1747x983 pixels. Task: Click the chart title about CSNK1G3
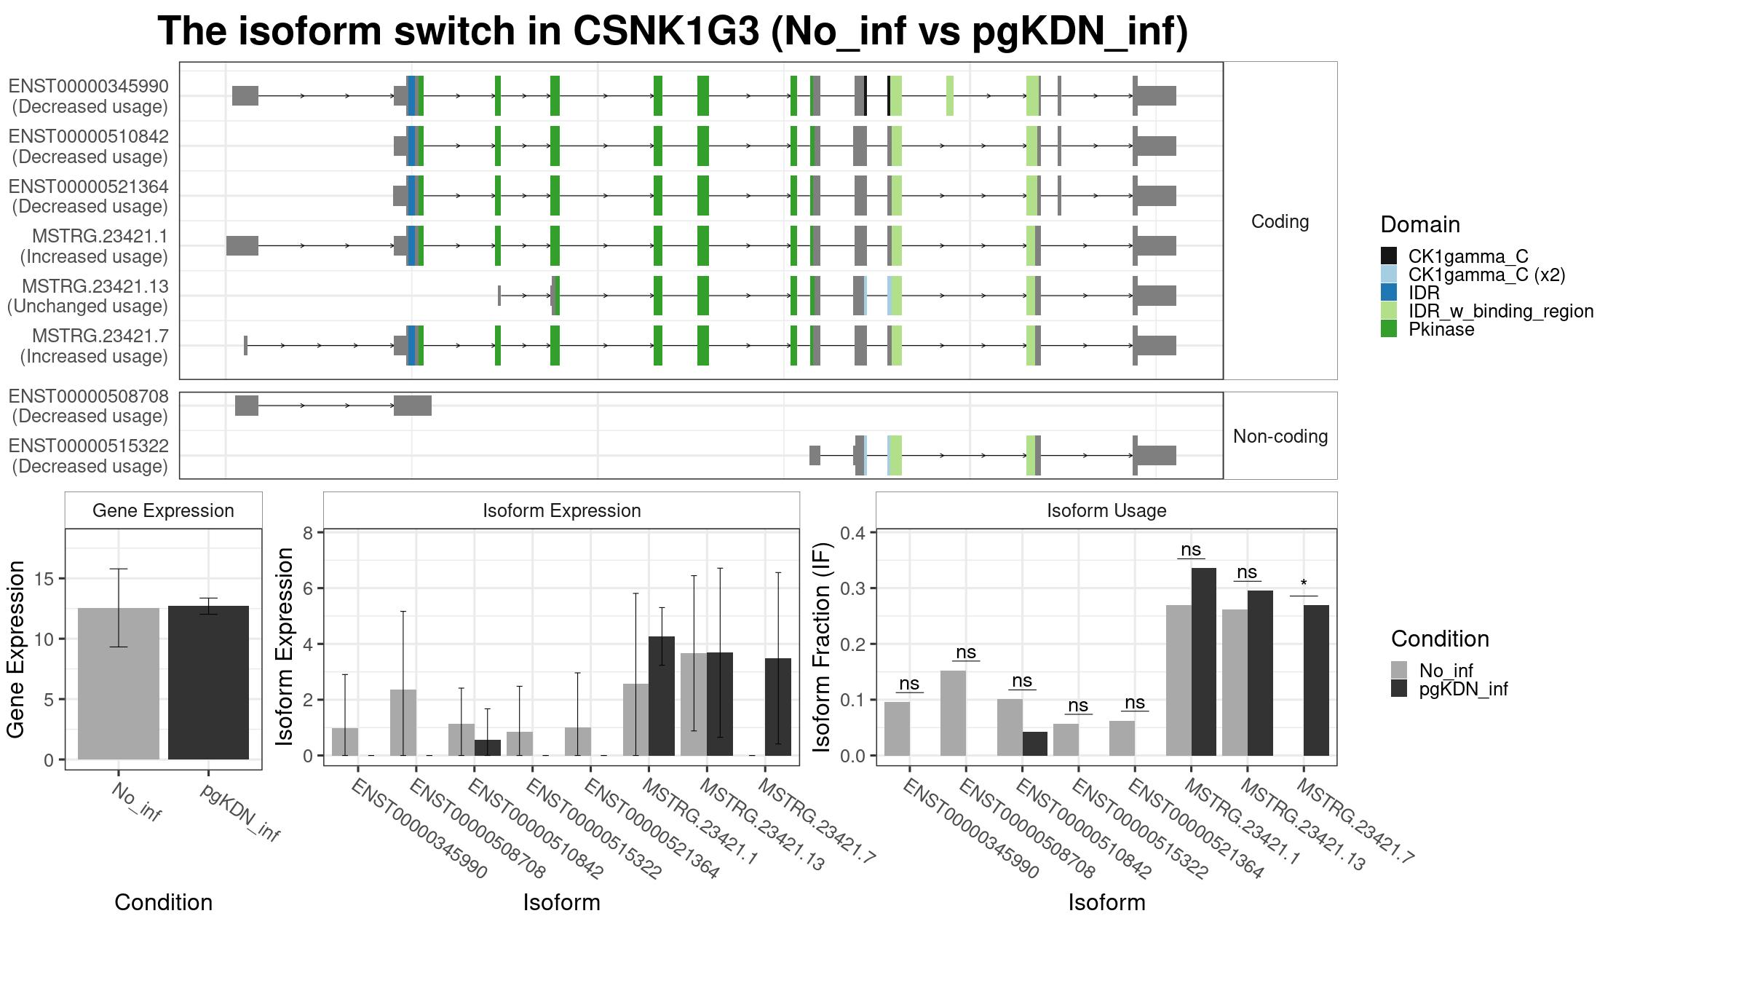[x=673, y=31]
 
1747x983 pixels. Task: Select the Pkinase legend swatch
[x=1389, y=329]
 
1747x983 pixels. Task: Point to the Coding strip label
[x=1280, y=221]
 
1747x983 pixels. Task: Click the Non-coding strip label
[x=1280, y=436]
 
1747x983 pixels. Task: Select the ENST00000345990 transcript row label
[x=89, y=96]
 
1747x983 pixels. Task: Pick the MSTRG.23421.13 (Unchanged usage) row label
[x=87, y=296]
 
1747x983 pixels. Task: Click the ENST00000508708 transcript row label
[x=89, y=406]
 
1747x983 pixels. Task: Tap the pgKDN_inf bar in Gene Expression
[x=208, y=682]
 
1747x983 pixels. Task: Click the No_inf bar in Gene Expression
[x=119, y=684]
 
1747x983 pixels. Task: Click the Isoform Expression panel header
[x=561, y=510]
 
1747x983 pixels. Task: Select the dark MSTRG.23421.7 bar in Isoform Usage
[x=1316, y=680]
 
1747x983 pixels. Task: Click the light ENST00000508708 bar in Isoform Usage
[x=953, y=713]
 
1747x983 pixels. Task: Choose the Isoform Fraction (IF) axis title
[x=822, y=647]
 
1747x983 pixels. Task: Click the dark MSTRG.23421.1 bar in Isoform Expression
[x=662, y=696]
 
